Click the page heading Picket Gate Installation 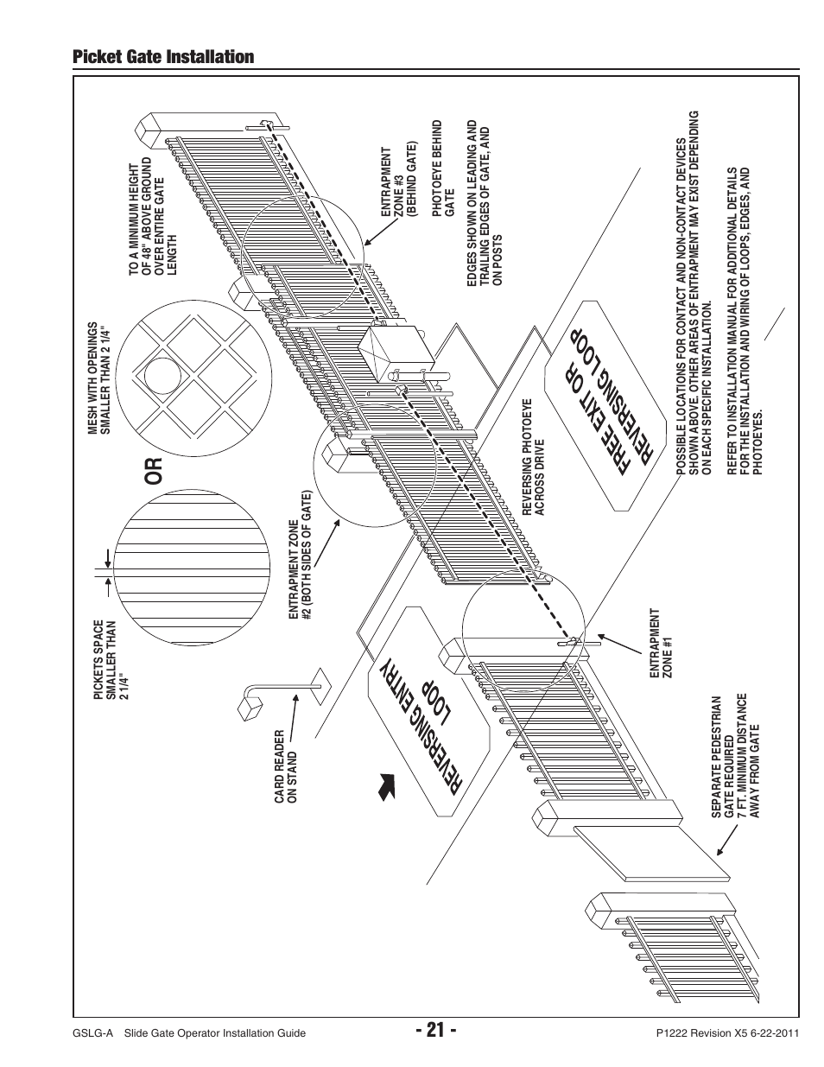[x=164, y=57]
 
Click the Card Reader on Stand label [x=286, y=768]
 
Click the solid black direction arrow [x=386, y=786]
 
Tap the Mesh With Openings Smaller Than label [x=98, y=378]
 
